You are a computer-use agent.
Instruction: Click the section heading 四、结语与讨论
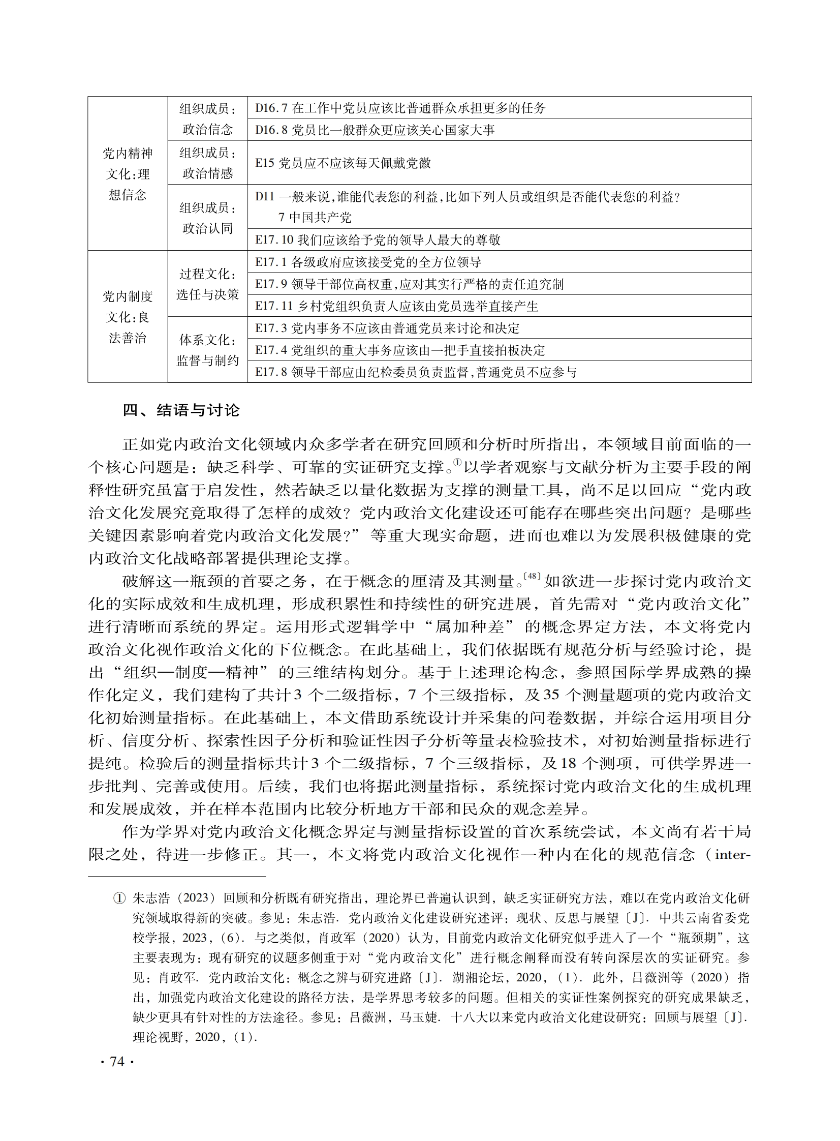[x=180, y=410]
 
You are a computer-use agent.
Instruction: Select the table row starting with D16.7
[x=399, y=108]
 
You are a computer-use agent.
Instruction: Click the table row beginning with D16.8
[x=375, y=130]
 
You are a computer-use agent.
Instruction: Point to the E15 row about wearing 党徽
[x=343, y=163]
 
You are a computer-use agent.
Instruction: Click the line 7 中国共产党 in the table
[x=315, y=218]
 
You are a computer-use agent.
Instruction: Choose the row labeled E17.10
[x=377, y=239]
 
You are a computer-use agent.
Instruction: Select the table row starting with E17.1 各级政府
[x=368, y=262]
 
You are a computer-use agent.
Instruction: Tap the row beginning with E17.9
[x=409, y=284]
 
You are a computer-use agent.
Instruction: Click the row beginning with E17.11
[x=396, y=306]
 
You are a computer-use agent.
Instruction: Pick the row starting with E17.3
[x=387, y=328]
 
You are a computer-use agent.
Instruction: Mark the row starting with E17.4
[x=399, y=350]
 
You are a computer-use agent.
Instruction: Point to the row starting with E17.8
[x=415, y=372]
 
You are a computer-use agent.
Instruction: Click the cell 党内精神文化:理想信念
[x=128, y=174]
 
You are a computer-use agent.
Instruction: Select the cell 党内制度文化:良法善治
[x=128, y=317]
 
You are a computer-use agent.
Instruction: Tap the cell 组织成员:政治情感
[x=207, y=163]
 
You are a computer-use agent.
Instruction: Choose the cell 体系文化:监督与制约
[x=207, y=350]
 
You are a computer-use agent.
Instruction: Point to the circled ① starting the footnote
[x=118, y=899]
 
